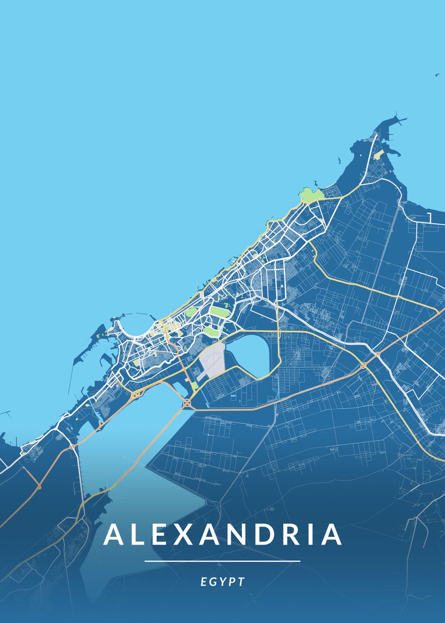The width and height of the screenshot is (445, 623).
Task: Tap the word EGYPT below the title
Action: click(x=222, y=582)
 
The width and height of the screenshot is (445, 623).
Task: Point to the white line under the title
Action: click(x=222, y=561)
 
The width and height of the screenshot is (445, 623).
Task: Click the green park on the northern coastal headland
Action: click(x=310, y=196)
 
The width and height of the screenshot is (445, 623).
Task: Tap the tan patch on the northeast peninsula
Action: click(x=377, y=155)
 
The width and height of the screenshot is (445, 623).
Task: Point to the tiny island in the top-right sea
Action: click(x=437, y=75)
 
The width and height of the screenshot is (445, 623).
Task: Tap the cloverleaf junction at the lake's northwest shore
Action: click(x=136, y=395)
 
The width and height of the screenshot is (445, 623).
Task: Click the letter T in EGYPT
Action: click(x=241, y=582)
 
